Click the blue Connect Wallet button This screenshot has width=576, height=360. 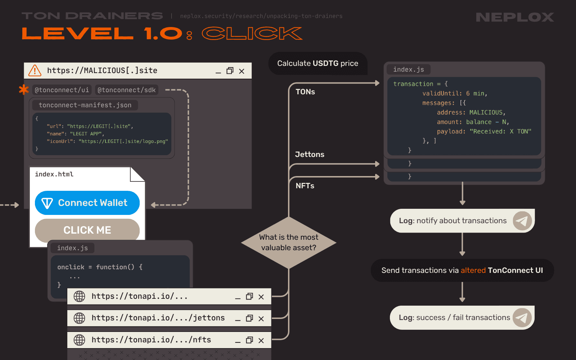(87, 203)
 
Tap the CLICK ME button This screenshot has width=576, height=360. (87, 230)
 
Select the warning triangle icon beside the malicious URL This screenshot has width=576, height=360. (35, 71)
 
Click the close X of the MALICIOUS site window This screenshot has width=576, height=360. (242, 71)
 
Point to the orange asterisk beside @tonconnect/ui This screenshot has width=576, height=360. (24, 90)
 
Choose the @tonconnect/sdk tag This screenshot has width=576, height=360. (127, 90)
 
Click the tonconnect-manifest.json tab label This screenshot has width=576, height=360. (85, 105)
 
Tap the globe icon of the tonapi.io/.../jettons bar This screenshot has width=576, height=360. (79, 318)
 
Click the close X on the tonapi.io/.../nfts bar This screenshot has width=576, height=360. (261, 341)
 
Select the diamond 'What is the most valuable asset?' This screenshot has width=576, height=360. (289, 242)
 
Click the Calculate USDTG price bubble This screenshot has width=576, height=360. (318, 63)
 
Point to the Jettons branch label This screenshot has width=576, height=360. (310, 154)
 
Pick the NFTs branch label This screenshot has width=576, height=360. (305, 186)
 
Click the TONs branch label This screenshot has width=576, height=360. (305, 92)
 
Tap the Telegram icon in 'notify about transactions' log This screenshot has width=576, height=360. (522, 221)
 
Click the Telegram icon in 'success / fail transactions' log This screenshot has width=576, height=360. (522, 318)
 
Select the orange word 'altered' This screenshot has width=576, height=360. (473, 270)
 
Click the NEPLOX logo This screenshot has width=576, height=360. (515, 17)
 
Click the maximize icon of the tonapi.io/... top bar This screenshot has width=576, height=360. (249, 296)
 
